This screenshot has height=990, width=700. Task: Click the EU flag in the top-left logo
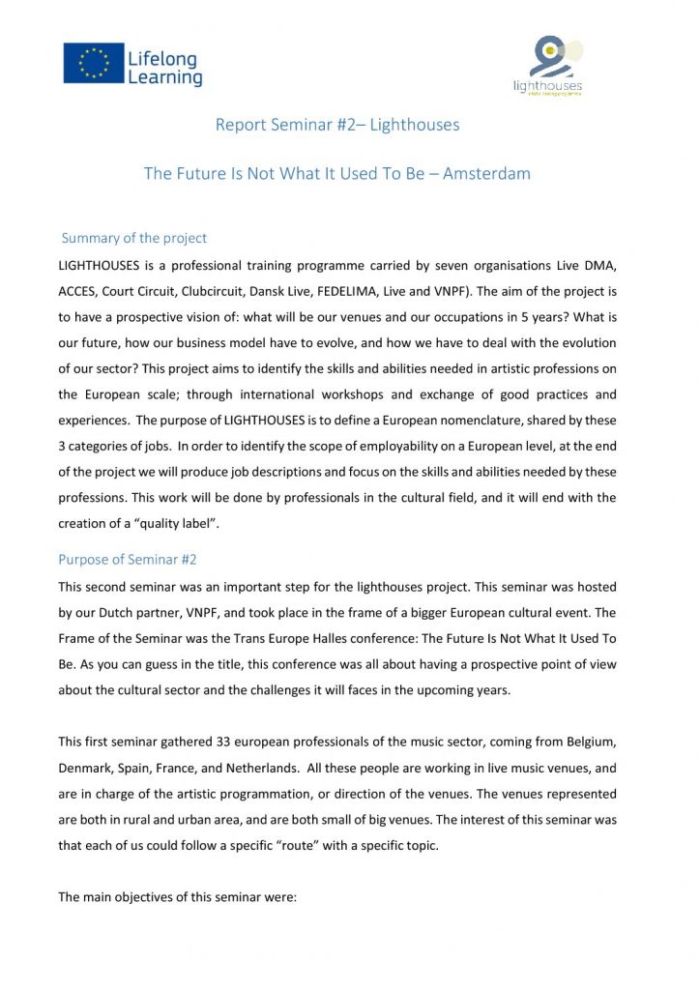pyautogui.click(x=94, y=62)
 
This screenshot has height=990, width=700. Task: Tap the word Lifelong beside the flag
pyautogui.click(x=162, y=58)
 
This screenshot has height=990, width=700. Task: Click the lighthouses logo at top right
pyautogui.click(x=548, y=65)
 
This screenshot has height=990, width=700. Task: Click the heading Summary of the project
pyautogui.click(x=133, y=238)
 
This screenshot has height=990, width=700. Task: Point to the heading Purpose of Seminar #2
pyautogui.click(x=128, y=560)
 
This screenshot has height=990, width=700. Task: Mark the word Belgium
pyautogui.click(x=613, y=742)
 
